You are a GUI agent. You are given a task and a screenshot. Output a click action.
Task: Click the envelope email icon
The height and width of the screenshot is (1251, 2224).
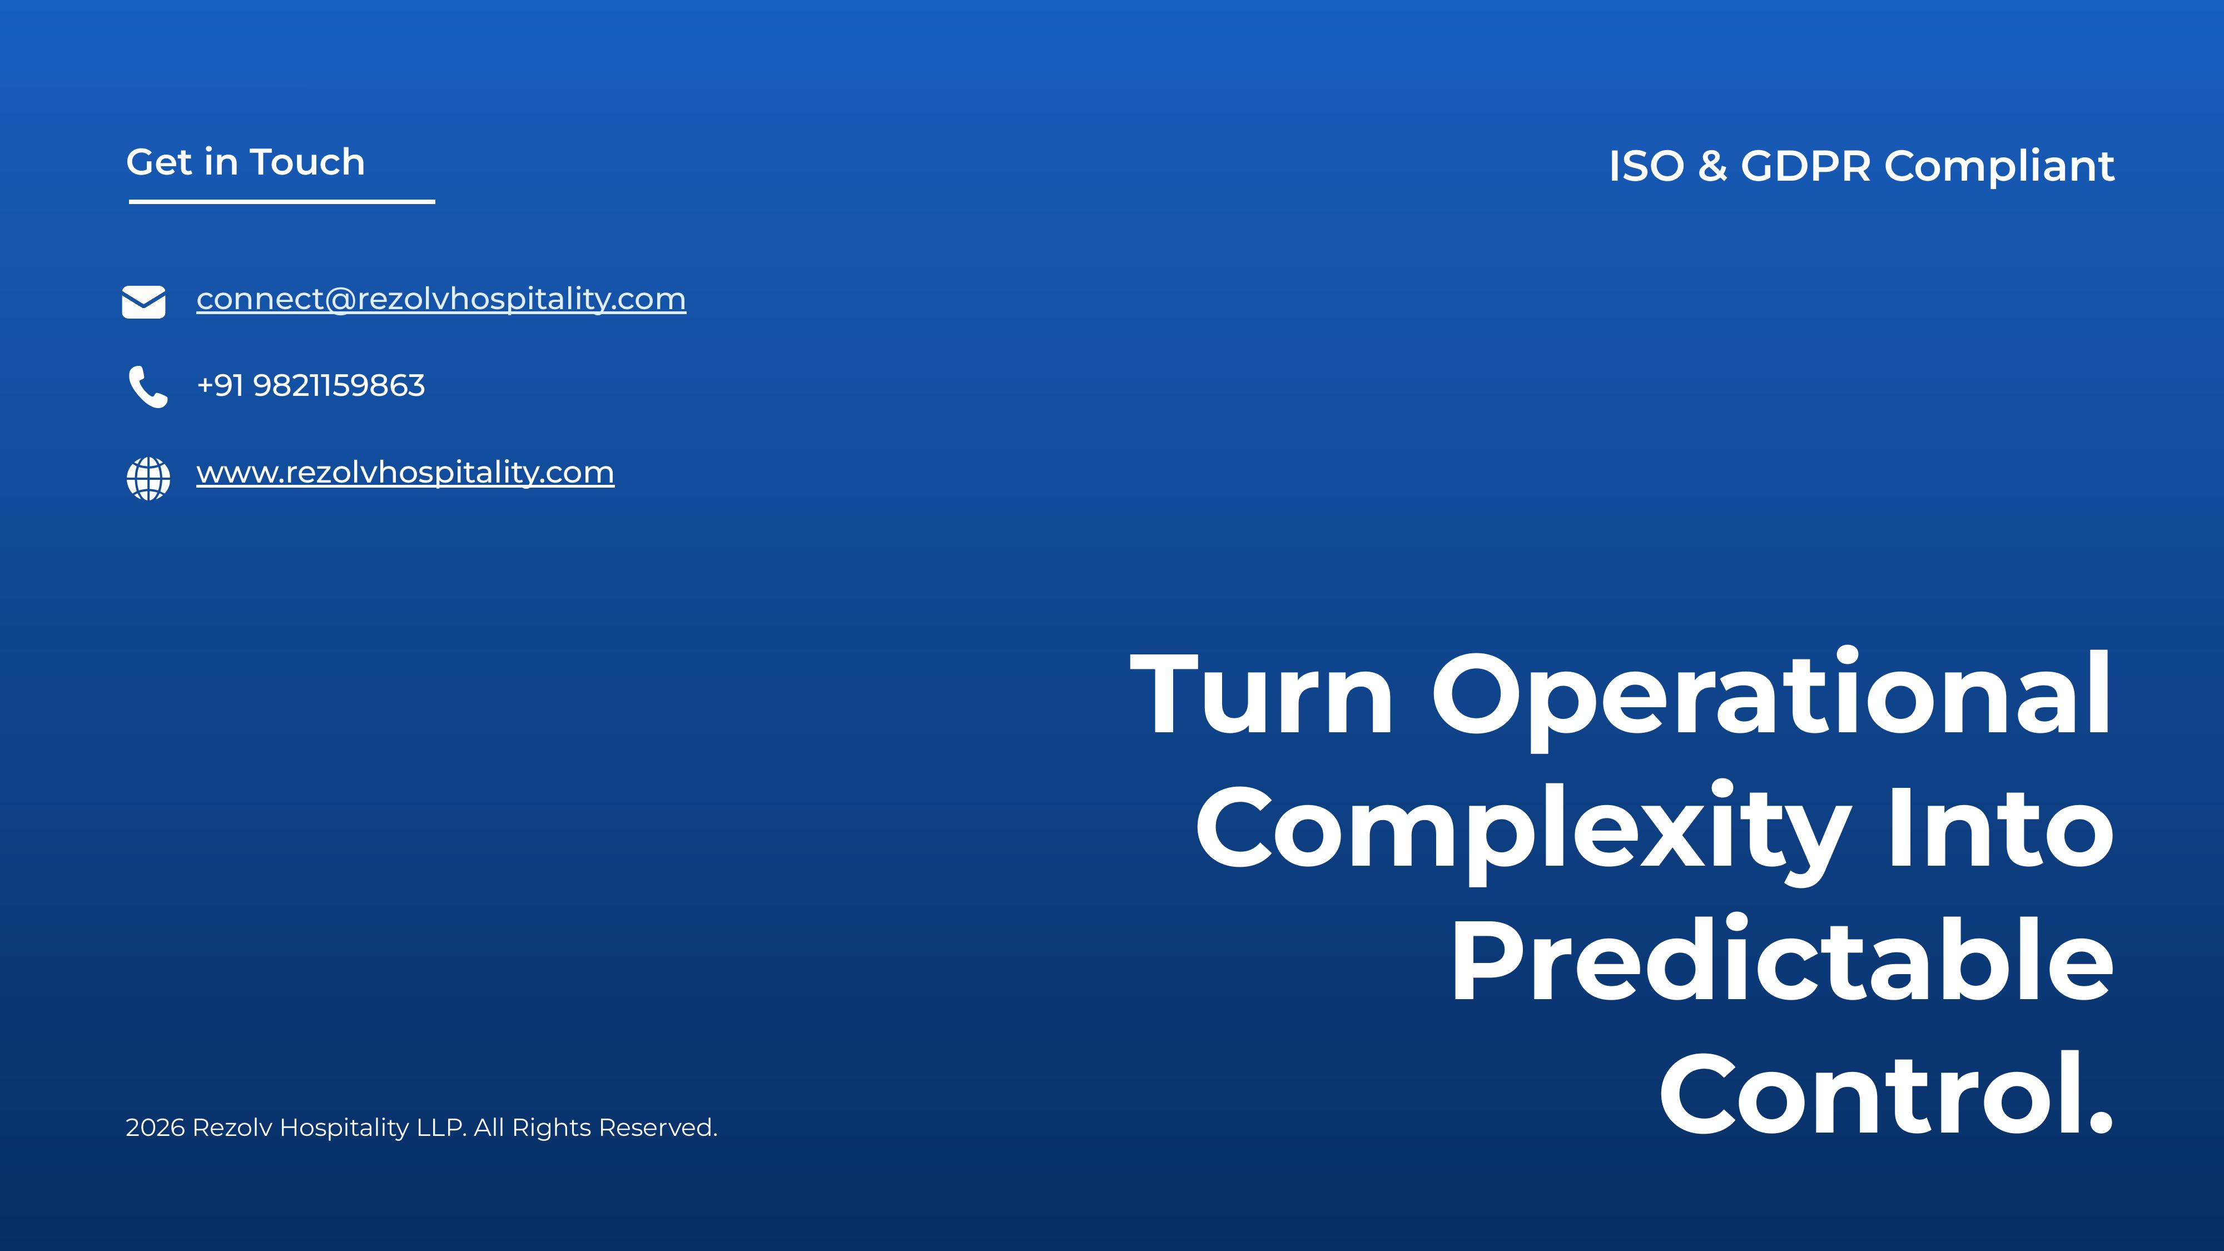pyautogui.click(x=143, y=302)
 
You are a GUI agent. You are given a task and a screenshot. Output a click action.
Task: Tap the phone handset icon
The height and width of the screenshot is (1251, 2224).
pyautogui.click(x=148, y=387)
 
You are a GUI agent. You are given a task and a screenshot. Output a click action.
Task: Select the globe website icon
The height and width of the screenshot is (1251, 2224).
pyautogui.click(x=148, y=478)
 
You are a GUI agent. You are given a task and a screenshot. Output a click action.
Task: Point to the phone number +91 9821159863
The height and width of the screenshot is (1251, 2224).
pyautogui.click(x=311, y=386)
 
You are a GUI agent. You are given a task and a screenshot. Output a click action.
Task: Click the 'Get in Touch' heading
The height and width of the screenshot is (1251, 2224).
pyautogui.click(x=245, y=162)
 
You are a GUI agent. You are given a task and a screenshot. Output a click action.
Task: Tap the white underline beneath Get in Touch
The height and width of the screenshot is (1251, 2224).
pyautogui.click(x=281, y=202)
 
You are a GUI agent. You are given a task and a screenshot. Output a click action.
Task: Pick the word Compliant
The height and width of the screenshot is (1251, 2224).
pyautogui.click(x=1999, y=167)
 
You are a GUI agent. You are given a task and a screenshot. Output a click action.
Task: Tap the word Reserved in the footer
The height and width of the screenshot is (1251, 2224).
pyautogui.click(x=657, y=1128)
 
